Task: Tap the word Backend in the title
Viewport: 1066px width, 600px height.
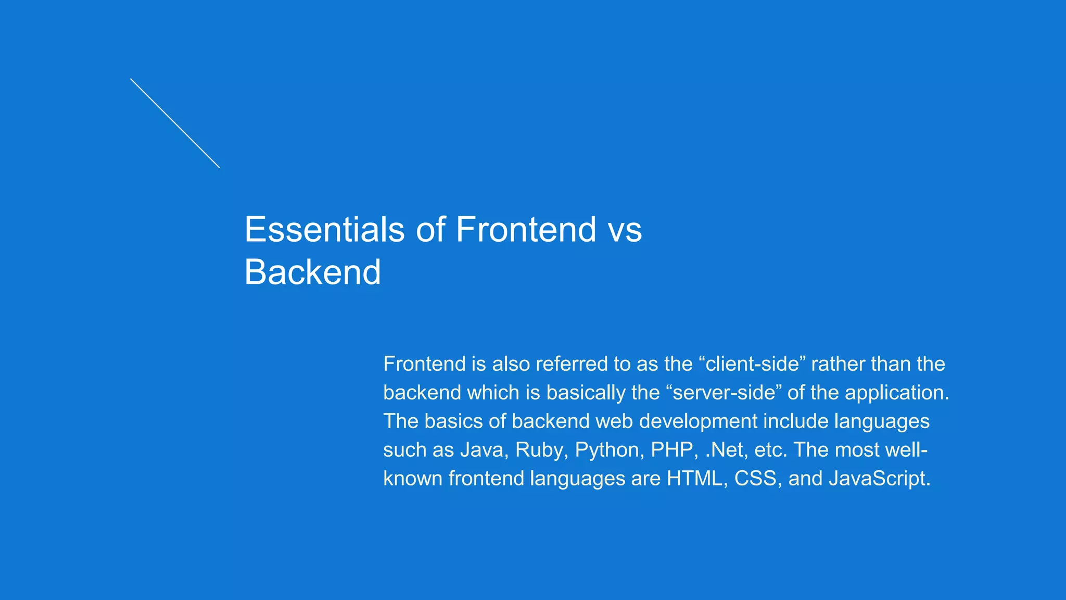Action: (x=312, y=272)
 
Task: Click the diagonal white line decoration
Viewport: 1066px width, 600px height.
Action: (x=175, y=123)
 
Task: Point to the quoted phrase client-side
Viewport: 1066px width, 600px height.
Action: (x=751, y=364)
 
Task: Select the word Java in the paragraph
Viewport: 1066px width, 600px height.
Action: (x=484, y=449)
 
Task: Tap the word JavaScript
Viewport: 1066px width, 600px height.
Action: (x=879, y=478)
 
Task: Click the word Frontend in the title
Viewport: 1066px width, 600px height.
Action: (x=526, y=229)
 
